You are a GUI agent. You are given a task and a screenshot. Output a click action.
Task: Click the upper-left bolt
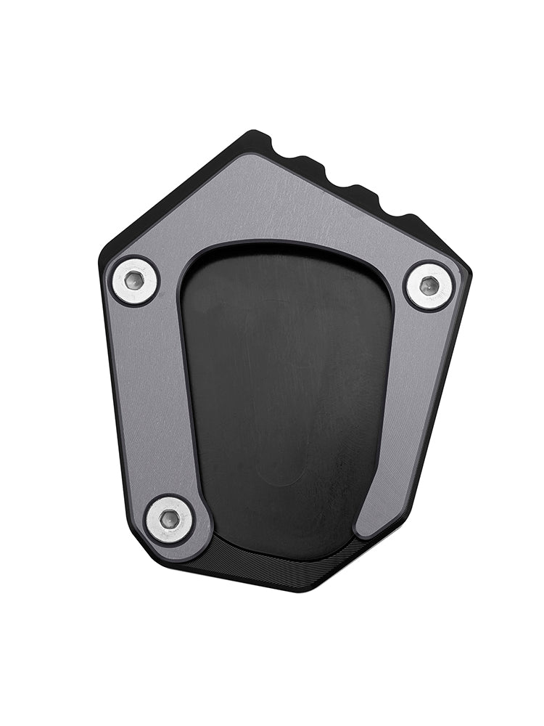point(134,281)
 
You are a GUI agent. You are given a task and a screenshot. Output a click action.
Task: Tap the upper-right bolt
point(429,286)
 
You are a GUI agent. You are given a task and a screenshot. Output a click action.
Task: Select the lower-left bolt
point(169,519)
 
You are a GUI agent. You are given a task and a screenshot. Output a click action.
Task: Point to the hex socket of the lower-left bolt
point(169,519)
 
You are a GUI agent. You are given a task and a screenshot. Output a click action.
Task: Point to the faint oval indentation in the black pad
point(279,392)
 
